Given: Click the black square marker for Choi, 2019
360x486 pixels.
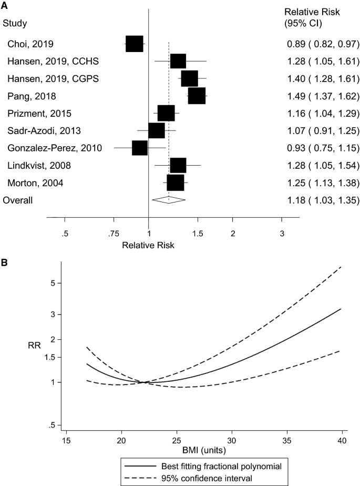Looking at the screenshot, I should click(x=135, y=44).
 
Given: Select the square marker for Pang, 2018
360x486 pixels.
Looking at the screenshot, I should click(x=197, y=96).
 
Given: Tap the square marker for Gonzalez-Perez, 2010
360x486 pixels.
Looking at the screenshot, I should click(x=140, y=148).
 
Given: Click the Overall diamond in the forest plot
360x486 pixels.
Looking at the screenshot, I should click(x=169, y=200).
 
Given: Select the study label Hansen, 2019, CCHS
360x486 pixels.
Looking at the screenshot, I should click(x=45, y=62).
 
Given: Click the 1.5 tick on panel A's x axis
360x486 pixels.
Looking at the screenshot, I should click(x=198, y=233).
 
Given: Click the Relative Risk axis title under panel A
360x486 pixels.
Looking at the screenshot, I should click(x=148, y=245).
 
